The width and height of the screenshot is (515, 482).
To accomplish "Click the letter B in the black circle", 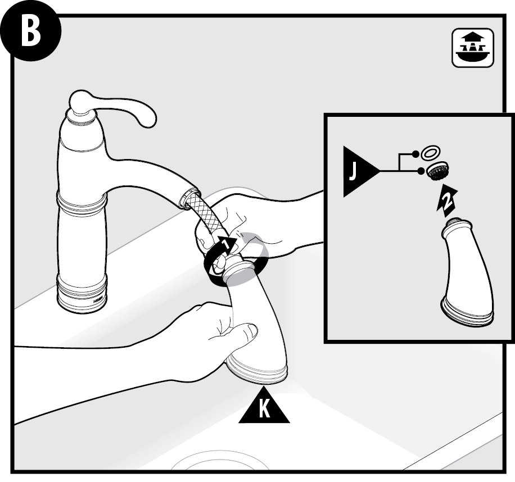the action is pos(30,32).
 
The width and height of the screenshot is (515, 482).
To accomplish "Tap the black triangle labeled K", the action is pos(264,406).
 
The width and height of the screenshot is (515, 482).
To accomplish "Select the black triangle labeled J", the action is pos(360,171).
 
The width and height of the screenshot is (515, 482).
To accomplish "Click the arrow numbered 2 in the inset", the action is pos(446,200).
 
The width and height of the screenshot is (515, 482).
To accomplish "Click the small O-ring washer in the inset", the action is pos(430,153).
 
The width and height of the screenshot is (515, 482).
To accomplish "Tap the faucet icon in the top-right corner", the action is pos(473,48).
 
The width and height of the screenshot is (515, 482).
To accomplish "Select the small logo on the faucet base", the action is pos(98,299).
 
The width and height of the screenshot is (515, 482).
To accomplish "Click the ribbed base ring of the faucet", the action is pos(82,293).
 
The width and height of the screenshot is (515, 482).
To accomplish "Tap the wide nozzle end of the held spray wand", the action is pos(256,369).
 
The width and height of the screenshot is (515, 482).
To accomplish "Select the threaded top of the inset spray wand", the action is pos(455,224).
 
